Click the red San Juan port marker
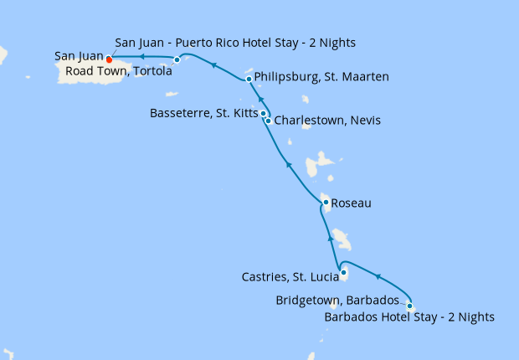pos(109,59)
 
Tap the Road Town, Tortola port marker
pos(177,59)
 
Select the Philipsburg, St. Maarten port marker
pos(249,80)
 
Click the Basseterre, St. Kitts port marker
pos(263,113)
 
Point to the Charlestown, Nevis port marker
pos(268,121)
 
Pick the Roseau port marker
pos(326,202)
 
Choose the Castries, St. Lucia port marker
pos(343,272)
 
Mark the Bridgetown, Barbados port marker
pos(409,306)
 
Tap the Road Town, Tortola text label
pos(115,71)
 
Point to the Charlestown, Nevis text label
pos(327,121)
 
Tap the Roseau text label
pos(351,203)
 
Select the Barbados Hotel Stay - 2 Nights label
pos(409,317)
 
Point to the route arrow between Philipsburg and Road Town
pos(214,65)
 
